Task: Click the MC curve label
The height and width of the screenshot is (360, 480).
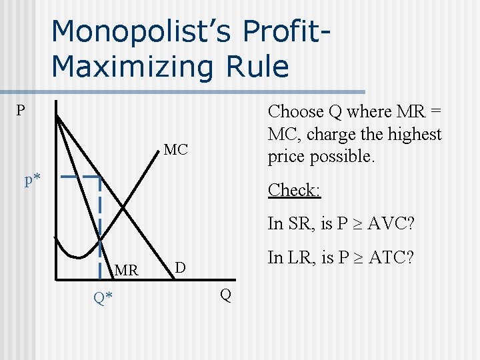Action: (176, 150)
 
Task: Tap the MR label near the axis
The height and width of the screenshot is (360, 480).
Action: (127, 271)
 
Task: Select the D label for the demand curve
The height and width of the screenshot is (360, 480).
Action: (179, 268)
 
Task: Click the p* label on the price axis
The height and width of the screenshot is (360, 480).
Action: (33, 180)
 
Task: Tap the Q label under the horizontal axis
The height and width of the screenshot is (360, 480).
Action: (226, 295)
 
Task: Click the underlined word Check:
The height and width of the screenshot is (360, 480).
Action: (294, 190)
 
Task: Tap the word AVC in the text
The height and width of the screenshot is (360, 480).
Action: (389, 223)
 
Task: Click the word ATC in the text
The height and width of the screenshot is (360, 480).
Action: (389, 257)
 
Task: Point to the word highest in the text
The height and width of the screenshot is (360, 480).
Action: (413, 135)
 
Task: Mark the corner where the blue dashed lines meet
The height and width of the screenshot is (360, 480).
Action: (100, 178)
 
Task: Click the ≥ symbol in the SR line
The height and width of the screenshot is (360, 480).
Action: (354, 224)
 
